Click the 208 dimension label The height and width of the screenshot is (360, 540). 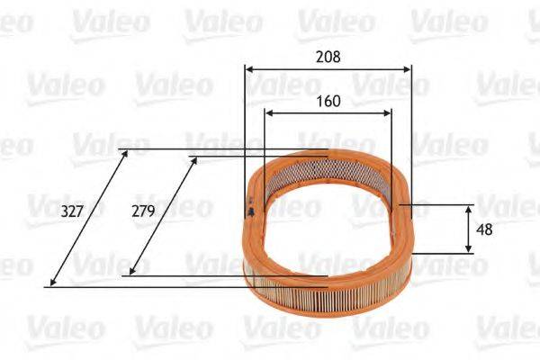tap(328, 56)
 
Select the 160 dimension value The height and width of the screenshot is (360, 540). tap(328, 101)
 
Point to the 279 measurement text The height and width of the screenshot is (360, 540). tap(143, 211)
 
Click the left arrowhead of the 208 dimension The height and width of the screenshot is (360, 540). tap(248, 68)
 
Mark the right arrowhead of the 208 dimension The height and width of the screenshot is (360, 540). tap(408, 68)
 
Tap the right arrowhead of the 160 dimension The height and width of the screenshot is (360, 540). tap(389, 113)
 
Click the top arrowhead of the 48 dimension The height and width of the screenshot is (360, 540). tap(468, 208)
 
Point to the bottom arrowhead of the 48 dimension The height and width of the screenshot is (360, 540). tap(468, 249)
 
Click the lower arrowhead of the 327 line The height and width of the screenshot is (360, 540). tap(52, 283)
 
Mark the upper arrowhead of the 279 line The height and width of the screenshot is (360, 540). tap(194, 160)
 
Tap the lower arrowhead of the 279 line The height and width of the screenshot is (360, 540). tap(131, 272)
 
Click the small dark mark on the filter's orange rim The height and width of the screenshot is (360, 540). tap(249, 210)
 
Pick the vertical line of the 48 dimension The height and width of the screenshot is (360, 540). tap(468, 229)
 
